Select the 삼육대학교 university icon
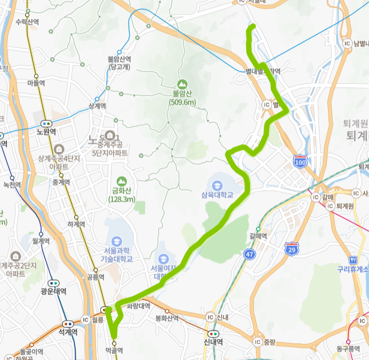click(217, 185)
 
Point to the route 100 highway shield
click(300, 160)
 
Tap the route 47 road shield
click(250, 255)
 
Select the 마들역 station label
click(36, 83)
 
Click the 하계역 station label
click(76, 224)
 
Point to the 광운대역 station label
click(53, 291)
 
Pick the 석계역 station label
click(68, 331)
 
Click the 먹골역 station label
click(114, 350)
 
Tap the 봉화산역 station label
click(165, 318)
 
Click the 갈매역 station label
click(258, 236)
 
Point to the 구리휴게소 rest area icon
click(352, 260)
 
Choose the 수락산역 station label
click(28, 22)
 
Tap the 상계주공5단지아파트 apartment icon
click(110, 134)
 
